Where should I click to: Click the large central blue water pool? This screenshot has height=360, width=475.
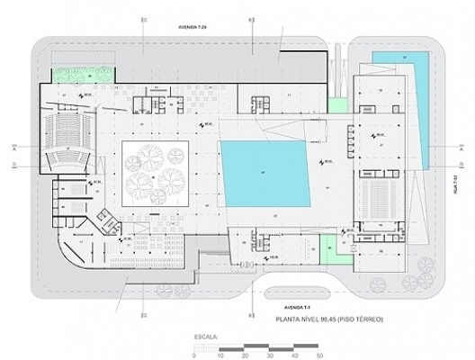click(x=268, y=171)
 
